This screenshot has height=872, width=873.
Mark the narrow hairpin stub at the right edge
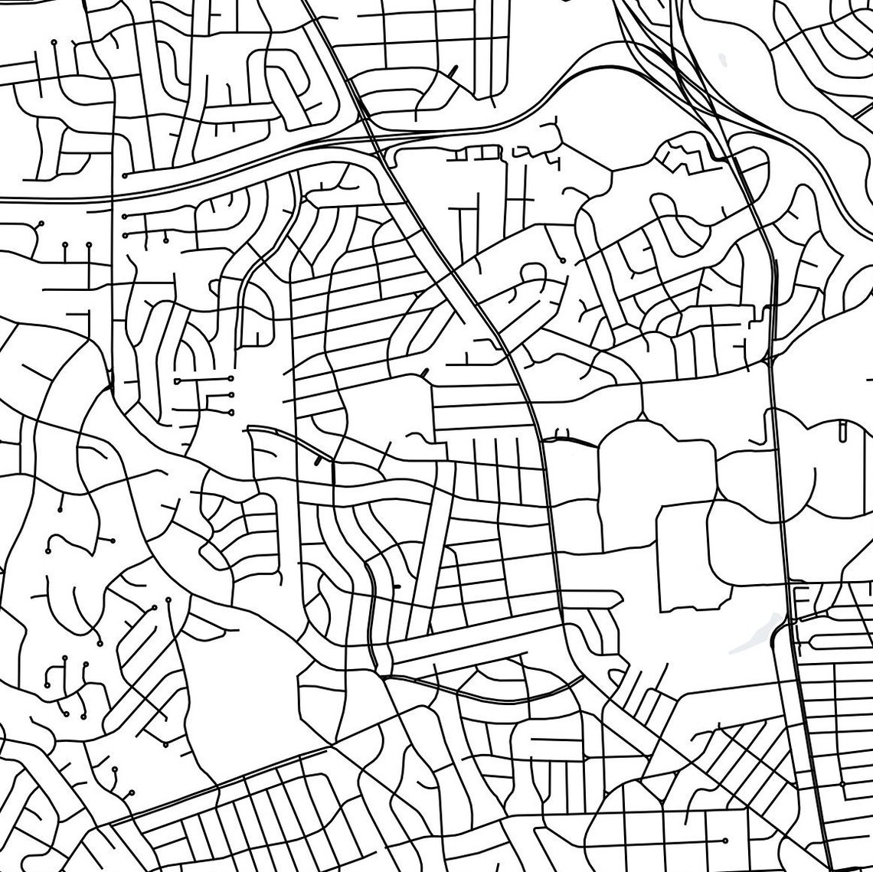point(842,433)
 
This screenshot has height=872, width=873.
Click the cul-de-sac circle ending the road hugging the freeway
point(124,175)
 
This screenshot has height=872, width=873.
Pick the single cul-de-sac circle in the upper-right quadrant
point(563,260)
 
